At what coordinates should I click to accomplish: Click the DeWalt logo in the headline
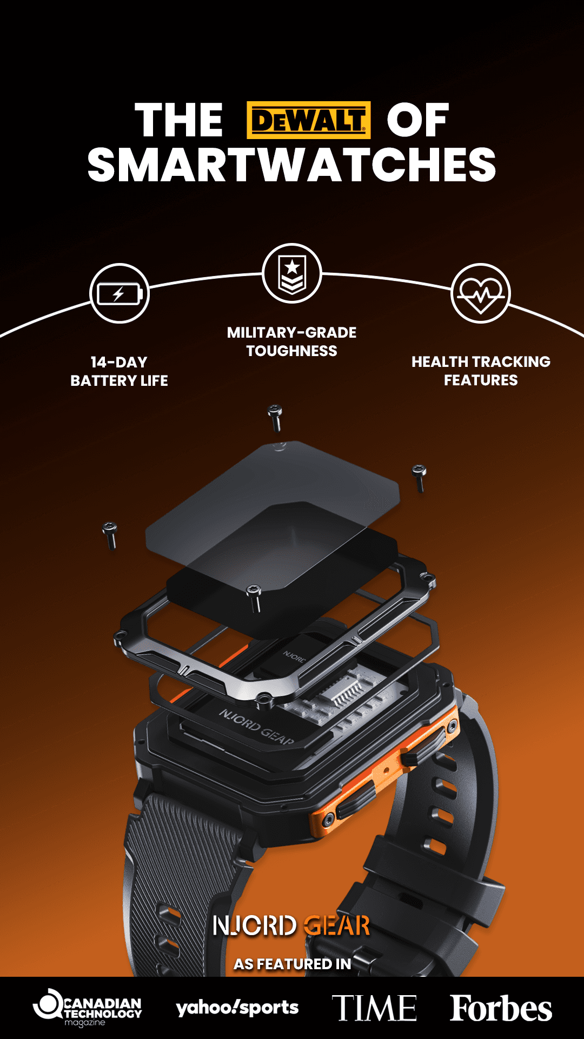click(x=309, y=120)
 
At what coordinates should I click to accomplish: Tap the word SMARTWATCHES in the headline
click(x=292, y=165)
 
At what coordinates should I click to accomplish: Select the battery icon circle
click(x=119, y=294)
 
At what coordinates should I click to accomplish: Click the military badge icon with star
click(x=292, y=273)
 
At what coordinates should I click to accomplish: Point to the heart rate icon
click(x=481, y=294)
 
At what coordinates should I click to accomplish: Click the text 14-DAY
click(x=119, y=362)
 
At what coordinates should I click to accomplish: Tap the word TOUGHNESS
click(x=292, y=351)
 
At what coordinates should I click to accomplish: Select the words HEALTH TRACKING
click(x=481, y=361)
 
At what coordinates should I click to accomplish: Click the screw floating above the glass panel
click(x=275, y=417)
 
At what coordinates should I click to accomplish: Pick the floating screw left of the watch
click(x=110, y=535)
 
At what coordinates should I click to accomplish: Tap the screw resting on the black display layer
click(x=254, y=597)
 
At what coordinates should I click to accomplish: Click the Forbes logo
click(x=501, y=1008)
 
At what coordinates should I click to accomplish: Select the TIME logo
click(x=374, y=1008)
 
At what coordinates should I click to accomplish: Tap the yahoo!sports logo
click(x=237, y=1008)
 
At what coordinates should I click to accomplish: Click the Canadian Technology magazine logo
click(x=88, y=1008)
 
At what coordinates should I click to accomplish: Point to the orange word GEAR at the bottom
click(x=337, y=926)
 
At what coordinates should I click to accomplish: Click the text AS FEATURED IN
click(x=292, y=964)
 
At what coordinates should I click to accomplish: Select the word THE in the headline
click(x=179, y=120)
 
